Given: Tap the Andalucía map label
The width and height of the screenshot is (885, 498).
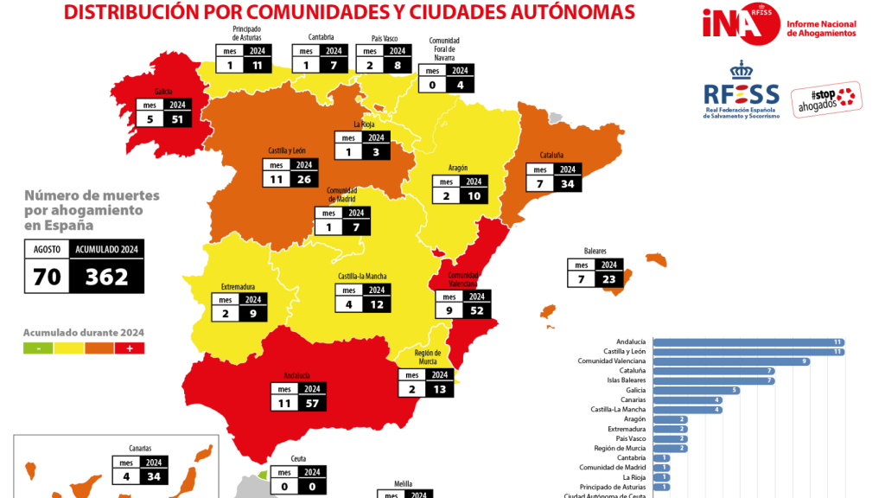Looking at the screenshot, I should point(296,376).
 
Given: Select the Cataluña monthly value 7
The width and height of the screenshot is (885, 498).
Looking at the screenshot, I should point(539,184).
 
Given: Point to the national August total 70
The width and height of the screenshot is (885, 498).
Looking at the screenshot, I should point(47,277).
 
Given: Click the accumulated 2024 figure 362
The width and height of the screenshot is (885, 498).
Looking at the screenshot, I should point(107,277).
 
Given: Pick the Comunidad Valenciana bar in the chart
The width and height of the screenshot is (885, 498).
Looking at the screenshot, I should point(730,361).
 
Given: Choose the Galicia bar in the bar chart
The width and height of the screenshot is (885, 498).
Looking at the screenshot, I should point(697,390).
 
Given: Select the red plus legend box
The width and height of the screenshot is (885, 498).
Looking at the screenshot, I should point(130,348).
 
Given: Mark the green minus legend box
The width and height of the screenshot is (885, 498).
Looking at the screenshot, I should point(38,348).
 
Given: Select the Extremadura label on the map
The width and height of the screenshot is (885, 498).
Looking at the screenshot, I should point(238,286).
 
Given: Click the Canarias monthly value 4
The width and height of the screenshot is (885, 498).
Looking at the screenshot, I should point(127,476).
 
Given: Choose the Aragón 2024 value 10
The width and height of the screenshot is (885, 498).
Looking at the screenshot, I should point(472,196).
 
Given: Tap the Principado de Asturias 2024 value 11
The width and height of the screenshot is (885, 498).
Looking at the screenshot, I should point(256,65).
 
